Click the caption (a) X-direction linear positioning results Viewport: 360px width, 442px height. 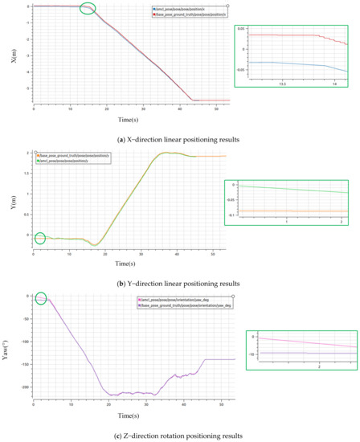[x=180, y=137]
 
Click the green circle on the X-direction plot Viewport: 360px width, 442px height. [x=88, y=9]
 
